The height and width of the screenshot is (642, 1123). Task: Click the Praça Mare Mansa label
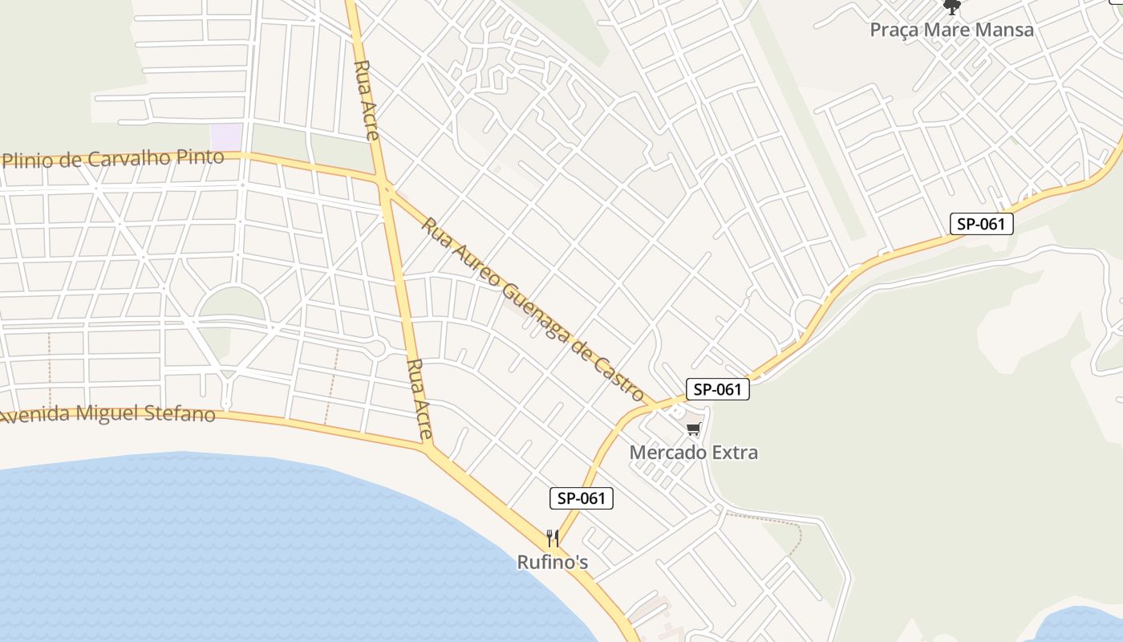coord(951,30)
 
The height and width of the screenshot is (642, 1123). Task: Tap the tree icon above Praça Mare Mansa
coord(952,7)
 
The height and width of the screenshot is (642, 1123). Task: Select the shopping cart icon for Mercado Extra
coord(694,429)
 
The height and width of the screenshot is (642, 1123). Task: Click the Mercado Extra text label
coord(693,452)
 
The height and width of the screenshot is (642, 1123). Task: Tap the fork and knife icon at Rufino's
coord(552,538)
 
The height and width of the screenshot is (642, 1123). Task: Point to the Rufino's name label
coord(552,562)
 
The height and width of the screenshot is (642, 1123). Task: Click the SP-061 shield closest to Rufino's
coord(582,498)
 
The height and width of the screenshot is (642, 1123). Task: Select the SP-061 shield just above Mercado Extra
coord(717,390)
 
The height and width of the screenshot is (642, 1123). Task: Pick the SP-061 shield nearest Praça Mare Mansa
coord(981,224)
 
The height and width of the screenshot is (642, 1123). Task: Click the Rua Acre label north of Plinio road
coord(366,100)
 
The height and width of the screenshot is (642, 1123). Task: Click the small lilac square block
coord(226,136)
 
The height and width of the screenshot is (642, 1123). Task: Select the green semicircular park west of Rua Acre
coord(231,305)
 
